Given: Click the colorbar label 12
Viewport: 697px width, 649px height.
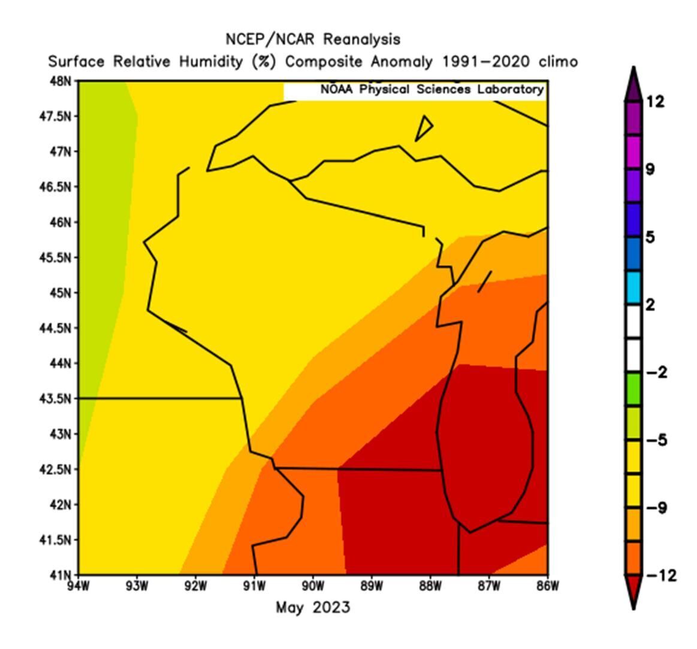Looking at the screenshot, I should point(656,102).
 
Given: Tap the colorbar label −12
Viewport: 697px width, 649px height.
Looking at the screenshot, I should point(662,576).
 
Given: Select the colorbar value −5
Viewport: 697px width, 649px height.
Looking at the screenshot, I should point(658,441).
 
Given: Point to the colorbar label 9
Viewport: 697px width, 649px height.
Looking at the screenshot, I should point(650,170).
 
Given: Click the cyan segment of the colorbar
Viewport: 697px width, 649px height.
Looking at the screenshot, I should point(633,288).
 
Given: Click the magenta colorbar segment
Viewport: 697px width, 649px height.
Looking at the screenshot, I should point(633,153).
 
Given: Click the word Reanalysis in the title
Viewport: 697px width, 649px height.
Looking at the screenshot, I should point(361,40).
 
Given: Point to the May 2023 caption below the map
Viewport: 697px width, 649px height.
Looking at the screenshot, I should point(313,608).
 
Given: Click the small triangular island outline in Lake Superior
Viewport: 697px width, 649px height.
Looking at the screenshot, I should point(425,126).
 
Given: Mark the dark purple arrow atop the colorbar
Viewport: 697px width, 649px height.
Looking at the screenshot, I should point(633,87).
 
